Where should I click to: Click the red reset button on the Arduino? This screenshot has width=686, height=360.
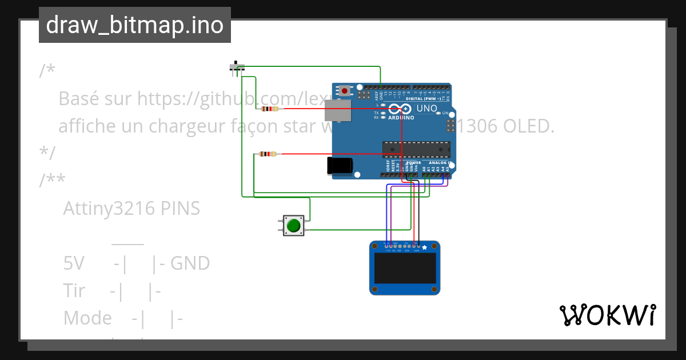click(x=345, y=91)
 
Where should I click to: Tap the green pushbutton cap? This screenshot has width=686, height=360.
click(x=294, y=226)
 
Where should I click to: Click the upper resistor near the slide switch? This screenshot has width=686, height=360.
click(x=269, y=109)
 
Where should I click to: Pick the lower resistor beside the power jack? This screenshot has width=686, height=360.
click(x=268, y=154)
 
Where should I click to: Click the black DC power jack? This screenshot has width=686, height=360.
click(x=339, y=166)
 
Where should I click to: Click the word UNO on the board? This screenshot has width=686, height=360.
click(x=426, y=109)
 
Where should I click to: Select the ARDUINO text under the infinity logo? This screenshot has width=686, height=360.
click(x=402, y=117)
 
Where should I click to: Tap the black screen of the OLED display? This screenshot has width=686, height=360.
click(x=405, y=269)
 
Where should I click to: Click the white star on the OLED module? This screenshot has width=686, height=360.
click(x=424, y=247)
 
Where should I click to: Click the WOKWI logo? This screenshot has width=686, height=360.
click(x=607, y=315)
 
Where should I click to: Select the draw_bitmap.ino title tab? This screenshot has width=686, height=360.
click(x=135, y=25)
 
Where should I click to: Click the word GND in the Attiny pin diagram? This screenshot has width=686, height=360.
click(x=190, y=263)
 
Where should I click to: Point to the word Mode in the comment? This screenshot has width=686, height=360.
click(x=87, y=318)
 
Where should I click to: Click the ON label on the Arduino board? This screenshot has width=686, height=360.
click(x=445, y=113)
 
